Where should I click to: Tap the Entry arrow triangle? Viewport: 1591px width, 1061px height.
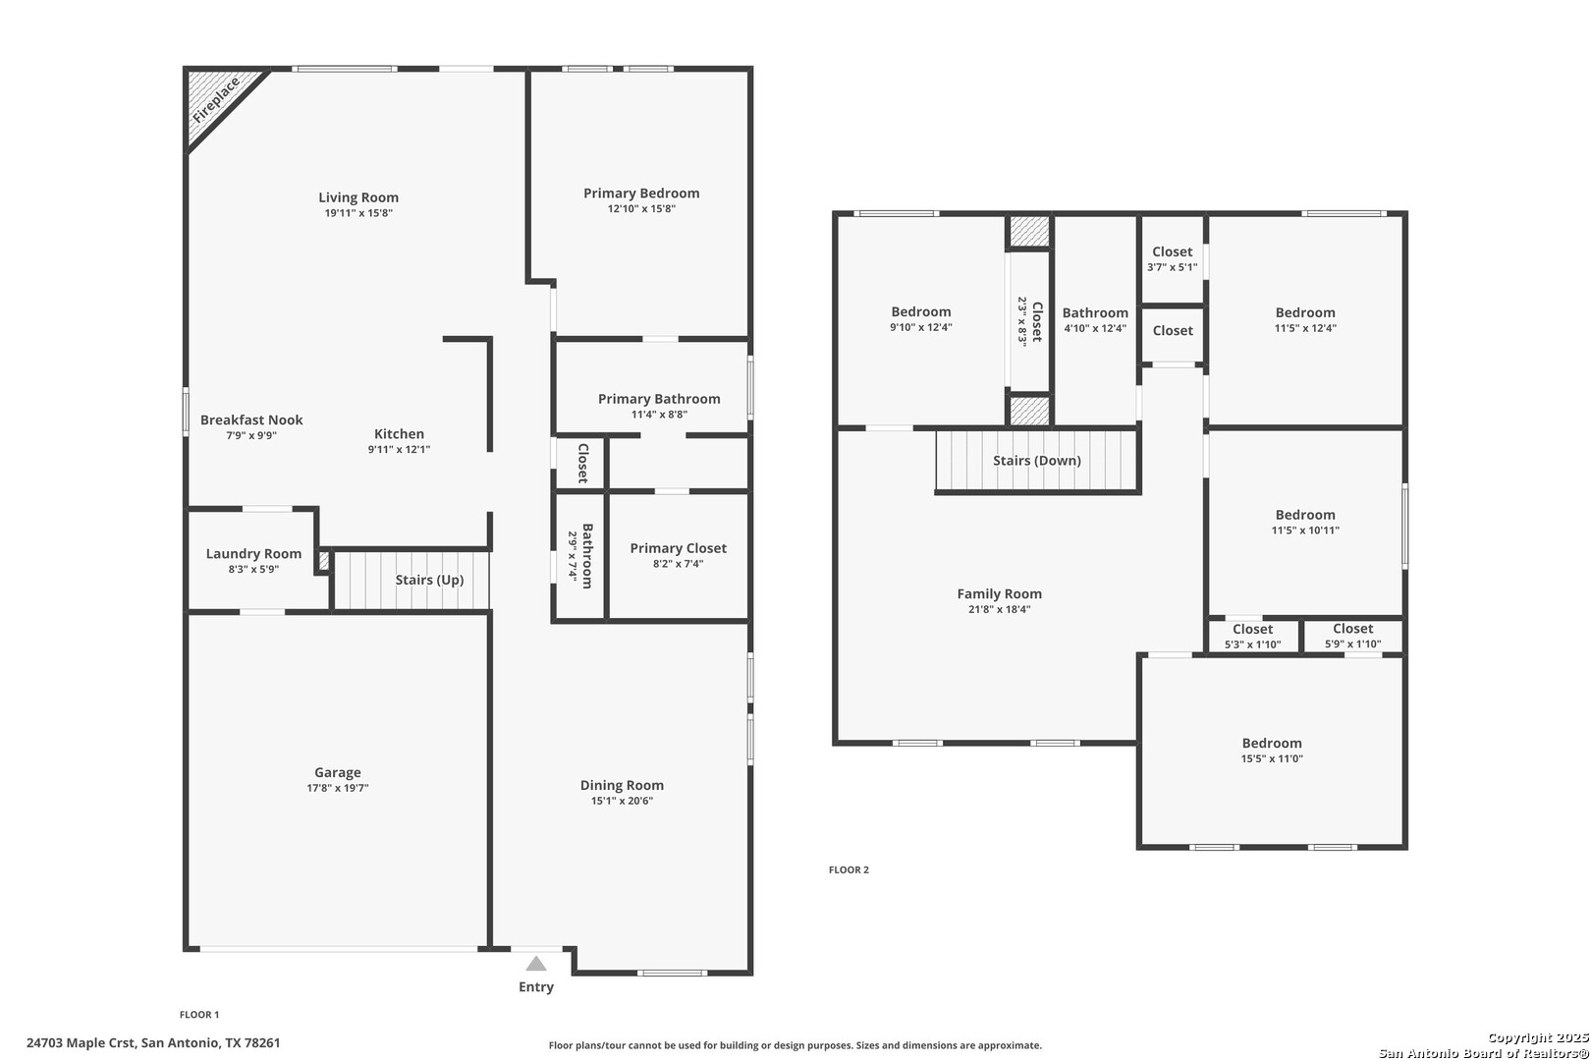[536, 964]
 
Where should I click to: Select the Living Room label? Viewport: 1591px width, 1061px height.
[358, 197]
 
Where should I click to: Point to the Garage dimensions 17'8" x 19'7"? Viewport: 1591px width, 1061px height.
[338, 788]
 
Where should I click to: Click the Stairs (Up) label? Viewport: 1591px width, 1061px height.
[430, 580]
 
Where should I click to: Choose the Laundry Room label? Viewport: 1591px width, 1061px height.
[253, 554]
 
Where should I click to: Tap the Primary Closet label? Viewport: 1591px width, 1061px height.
[679, 548]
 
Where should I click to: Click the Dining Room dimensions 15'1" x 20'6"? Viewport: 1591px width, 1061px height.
[623, 801]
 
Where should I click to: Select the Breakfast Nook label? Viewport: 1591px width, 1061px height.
[251, 420]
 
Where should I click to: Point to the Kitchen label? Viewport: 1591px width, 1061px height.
[399, 433]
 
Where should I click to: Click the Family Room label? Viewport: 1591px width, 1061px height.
[1000, 594]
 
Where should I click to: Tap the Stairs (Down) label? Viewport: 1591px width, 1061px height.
[1037, 461]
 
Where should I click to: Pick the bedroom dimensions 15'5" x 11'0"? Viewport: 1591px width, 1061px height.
[1272, 758]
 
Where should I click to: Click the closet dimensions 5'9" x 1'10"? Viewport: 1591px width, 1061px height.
[1353, 643]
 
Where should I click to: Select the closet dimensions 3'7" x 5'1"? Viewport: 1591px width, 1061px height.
[1172, 267]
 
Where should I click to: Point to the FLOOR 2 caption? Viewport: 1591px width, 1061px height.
[849, 869]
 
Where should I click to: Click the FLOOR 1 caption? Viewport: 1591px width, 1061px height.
[199, 1015]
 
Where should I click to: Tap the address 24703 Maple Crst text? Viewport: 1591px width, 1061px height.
[81, 1043]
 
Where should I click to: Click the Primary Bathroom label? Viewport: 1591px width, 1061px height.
[659, 399]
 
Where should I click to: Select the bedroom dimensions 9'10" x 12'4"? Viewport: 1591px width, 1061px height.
[921, 327]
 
